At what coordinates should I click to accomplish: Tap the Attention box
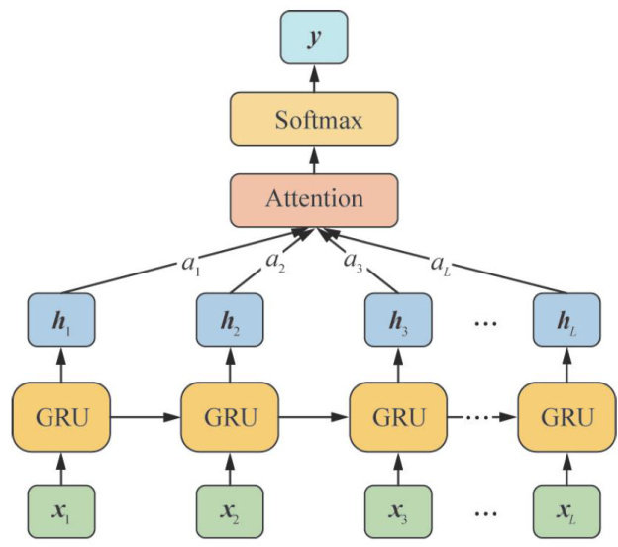[313, 199]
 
